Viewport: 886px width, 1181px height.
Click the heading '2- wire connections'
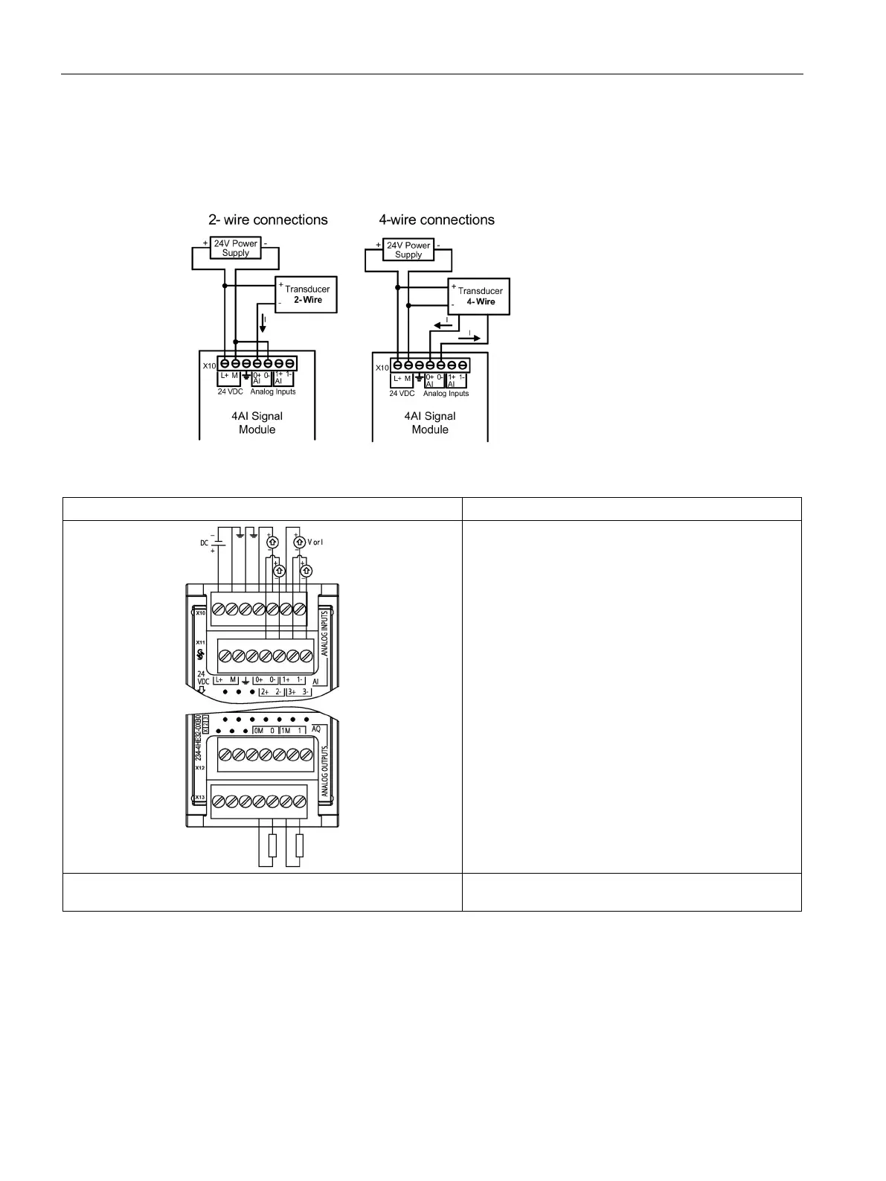(x=268, y=220)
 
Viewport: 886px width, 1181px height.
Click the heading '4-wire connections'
(x=437, y=220)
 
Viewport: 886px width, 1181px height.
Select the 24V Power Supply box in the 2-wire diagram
(x=235, y=248)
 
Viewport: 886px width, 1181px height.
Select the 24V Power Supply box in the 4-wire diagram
(x=408, y=249)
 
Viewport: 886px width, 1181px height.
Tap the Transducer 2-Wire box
(x=306, y=295)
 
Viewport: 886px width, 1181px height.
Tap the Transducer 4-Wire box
(x=480, y=296)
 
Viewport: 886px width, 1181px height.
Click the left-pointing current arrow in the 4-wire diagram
(x=442, y=325)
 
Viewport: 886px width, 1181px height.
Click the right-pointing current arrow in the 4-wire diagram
(x=470, y=337)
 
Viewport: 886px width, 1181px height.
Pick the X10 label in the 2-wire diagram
(x=209, y=365)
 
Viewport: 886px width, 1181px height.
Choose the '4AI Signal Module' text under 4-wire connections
(x=430, y=423)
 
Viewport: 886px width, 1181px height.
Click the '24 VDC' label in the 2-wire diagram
(x=230, y=391)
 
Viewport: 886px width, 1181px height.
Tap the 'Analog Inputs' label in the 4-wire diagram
(x=446, y=394)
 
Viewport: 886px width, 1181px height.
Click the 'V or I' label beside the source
(x=316, y=542)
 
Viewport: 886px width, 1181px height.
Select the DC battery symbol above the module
(x=215, y=543)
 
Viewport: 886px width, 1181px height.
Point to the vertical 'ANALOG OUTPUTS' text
(x=325, y=772)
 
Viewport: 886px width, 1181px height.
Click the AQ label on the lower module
(x=316, y=729)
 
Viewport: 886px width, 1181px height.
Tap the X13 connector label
(x=200, y=798)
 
